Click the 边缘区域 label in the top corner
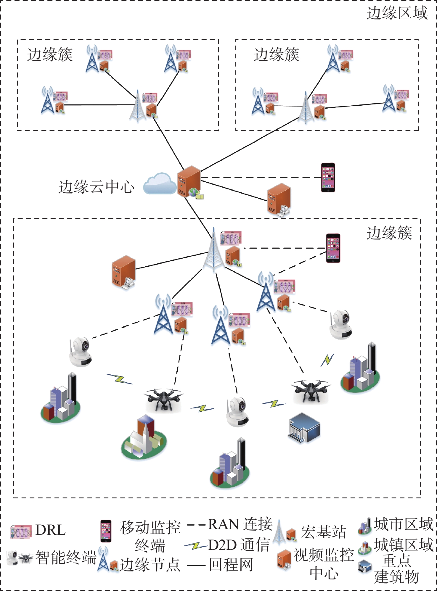tap(397, 13)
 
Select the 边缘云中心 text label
tap(96, 187)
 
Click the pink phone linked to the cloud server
tap(328, 177)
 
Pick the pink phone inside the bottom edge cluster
tap(333, 248)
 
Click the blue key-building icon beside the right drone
tap(304, 428)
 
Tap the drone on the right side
tap(311, 390)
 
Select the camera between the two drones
tap(237, 412)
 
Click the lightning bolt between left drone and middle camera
tap(202, 408)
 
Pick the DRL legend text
tap(50, 530)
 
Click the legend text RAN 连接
tap(240, 524)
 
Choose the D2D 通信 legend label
tap(239, 545)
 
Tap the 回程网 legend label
tap(231, 564)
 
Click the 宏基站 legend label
tap(324, 532)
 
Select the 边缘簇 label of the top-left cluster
tap(50, 55)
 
